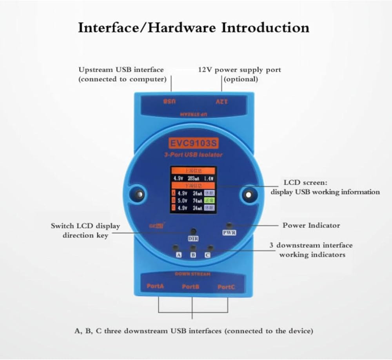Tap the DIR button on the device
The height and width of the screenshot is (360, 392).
pos(193,231)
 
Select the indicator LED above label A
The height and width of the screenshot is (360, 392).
pos(176,247)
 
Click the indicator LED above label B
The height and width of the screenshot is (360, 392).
pos(193,248)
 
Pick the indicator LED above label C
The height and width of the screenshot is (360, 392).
pos(211,248)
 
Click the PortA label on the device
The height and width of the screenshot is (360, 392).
pos(155,286)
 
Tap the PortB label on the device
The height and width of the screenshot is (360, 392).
pos(191,287)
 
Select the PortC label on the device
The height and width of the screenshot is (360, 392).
pos(226,287)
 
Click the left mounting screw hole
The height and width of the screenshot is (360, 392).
pos(138,194)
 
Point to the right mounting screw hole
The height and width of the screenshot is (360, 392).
pos(247,194)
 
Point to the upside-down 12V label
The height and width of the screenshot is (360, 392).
pos(222,102)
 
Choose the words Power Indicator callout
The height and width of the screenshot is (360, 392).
pos(311,225)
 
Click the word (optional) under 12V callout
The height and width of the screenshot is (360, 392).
pos(241,79)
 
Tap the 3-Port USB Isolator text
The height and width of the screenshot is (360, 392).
pos(193,155)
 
